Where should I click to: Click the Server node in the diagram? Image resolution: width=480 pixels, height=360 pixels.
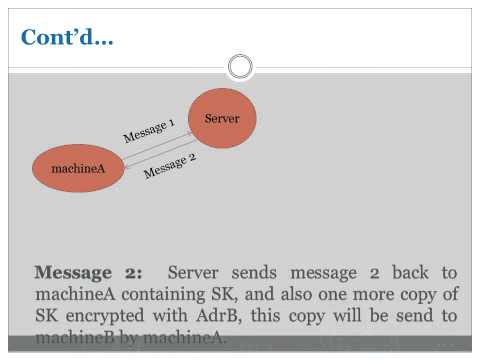[x=222, y=119]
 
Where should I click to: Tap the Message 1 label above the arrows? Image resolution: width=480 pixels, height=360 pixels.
[x=149, y=130]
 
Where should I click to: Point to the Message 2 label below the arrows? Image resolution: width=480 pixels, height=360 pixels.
[x=170, y=166]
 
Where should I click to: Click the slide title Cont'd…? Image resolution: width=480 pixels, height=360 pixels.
[x=68, y=38]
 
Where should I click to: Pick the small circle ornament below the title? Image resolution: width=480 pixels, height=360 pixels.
[x=240, y=67]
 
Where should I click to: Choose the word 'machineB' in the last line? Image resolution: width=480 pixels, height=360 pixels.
[x=73, y=338]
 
